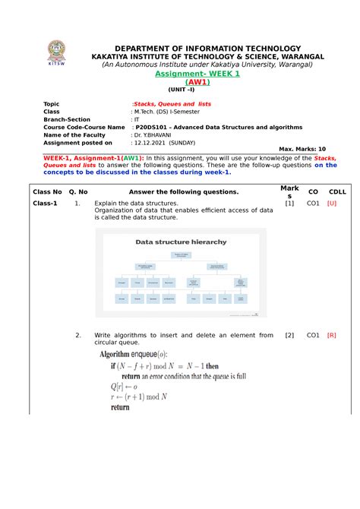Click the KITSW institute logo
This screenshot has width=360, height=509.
point(56,49)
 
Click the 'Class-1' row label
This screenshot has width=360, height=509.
point(45,204)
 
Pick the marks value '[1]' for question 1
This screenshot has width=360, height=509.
point(289,204)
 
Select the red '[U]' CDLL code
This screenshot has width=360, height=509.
point(332,204)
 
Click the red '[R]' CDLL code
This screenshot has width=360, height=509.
point(332,335)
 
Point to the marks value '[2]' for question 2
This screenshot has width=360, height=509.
point(289,335)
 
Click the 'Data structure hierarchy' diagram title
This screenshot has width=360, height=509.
point(181,242)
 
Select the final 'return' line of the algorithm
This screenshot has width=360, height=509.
point(120,407)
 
